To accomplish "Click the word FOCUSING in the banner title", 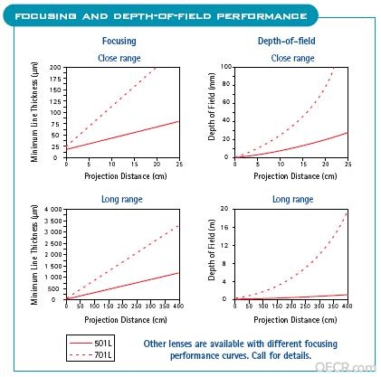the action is (45, 16).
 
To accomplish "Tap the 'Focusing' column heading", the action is (119, 41).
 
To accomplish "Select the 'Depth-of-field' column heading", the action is (287, 41).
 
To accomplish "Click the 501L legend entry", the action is (90, 343).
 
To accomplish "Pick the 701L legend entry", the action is (90, 354).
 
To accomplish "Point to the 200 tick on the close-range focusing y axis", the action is (55, 68).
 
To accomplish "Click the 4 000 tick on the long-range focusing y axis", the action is (53, 210).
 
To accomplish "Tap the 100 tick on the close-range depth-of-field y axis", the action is (226, 67).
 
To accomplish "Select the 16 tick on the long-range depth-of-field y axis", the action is (224, 227).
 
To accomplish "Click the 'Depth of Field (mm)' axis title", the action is (212, 107).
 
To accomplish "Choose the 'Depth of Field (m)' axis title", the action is (212, 250).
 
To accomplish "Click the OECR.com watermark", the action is (346, 367).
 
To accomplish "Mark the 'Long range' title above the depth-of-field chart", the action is (293, 199).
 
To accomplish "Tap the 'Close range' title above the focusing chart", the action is (119, 58).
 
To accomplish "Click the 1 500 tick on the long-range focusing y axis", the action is (53, 266).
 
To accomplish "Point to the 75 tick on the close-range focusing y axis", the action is (55, 124).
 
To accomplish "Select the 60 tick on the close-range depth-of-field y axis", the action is (226, 102).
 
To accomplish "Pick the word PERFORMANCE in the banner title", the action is (262, 16).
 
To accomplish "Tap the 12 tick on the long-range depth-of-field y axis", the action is (224, 245).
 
